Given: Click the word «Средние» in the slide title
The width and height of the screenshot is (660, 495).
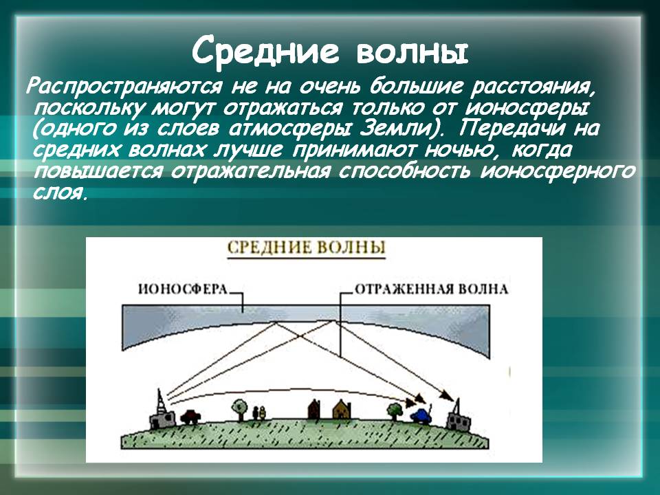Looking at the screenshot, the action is tap(265, 49).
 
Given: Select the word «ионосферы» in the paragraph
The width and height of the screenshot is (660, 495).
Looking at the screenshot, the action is tap(527, 108).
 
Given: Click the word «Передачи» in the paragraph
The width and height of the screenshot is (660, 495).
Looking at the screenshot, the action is tap(512, 129).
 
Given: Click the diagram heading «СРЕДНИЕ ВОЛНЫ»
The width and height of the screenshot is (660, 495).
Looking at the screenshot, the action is tap(306, 247).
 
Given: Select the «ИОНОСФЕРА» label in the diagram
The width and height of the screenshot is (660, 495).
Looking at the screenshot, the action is tap(183, 289).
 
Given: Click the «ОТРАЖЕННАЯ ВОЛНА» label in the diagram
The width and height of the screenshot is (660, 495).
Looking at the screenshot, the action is tap(432, 289).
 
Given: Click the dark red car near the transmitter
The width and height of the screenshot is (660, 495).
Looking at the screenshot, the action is tap(190, 417).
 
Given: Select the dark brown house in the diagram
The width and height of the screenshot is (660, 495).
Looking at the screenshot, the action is tap(313, 409).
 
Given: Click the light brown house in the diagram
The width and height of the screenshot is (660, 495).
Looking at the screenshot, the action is tap(342, 410).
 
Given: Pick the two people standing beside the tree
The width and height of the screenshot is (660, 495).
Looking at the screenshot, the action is tap(259, 413).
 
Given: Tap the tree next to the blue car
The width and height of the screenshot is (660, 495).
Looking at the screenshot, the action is tap(395, 411).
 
